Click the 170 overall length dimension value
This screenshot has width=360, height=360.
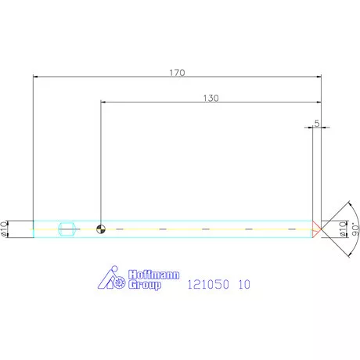point(177,73)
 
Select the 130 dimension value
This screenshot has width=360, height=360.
point(211,98)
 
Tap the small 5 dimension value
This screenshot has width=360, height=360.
point(317,123)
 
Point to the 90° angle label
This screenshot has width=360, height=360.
point(355,229)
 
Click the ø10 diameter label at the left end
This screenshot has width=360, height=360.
point(4,229)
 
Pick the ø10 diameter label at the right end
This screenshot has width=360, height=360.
point(343,229)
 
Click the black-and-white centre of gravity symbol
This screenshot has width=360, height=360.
point(101,229)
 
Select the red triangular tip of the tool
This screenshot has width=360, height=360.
point(316,229)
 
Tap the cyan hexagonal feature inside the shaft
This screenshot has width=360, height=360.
point(67,229)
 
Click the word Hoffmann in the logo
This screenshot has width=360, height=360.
point(154,275)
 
